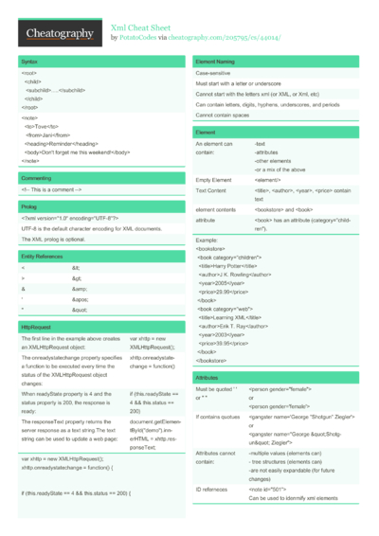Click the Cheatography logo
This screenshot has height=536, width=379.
pos(60,34)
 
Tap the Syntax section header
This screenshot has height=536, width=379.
pos(29,61)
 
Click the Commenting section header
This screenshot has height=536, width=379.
pos(36,178)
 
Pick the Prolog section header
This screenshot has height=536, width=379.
pos(29,205)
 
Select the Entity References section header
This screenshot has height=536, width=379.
pos(43,257)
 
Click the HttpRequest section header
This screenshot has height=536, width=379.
pos(35,327)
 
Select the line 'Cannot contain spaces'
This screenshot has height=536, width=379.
pos(223,115)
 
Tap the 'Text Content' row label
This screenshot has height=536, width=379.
pos(212,190)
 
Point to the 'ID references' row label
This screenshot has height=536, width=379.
pos(212,490)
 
